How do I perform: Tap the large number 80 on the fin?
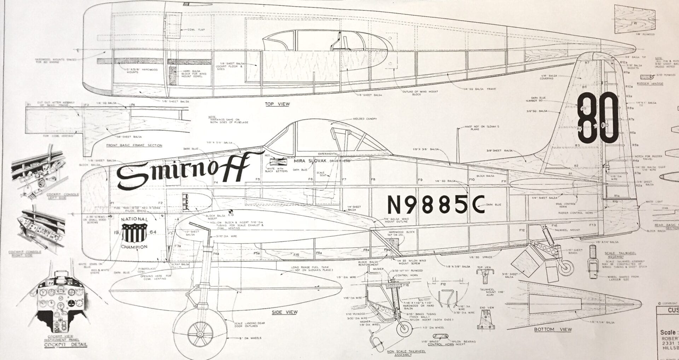597,117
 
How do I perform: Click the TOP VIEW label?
277,104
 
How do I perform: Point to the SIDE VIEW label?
284,312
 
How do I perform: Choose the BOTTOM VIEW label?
553,330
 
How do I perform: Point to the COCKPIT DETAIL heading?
65,345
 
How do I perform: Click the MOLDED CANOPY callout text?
364,119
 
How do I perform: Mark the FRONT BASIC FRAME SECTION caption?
134,145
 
